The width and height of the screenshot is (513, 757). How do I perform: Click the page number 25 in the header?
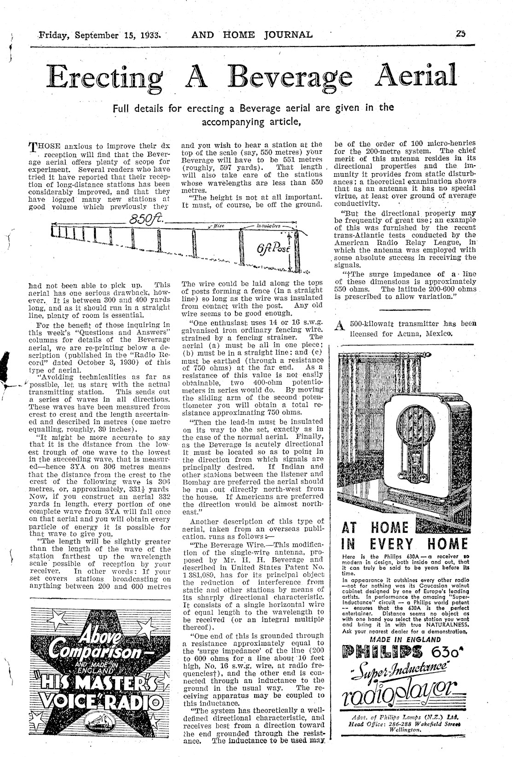[461, 34]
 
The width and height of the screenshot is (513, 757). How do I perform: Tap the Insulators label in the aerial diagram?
[269, 227]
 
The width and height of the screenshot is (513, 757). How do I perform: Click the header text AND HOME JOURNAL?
[252, 34]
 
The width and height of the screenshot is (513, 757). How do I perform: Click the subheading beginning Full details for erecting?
[253, 114]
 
